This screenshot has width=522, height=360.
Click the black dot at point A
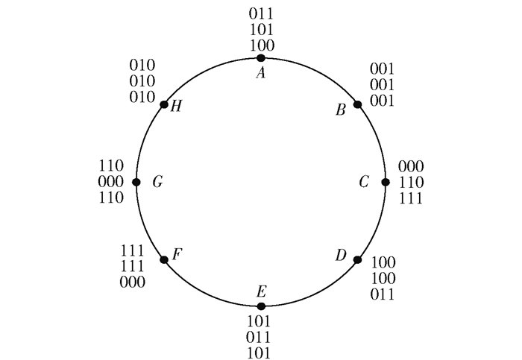tap(260, 58)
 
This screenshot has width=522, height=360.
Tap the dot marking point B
tap(357, 104)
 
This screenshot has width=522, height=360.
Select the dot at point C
tap(386, 182)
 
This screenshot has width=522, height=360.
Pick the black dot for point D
tap(357, 259)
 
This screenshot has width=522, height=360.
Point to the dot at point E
tap(260, 306)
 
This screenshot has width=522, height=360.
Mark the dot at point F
tap(164, 259)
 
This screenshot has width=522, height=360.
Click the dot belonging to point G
tap(136, 182)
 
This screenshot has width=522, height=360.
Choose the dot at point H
tap(164, 104)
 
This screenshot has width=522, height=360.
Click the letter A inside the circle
tap(260, 73)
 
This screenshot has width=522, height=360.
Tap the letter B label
tap(340, 111)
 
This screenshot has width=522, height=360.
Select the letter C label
tap(364, 182)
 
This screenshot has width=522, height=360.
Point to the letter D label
tap(340, 256)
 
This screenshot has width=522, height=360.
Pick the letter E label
tap(260, 291)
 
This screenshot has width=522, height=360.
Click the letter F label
tap(177, 256)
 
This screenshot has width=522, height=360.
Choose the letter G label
tap(157, 182)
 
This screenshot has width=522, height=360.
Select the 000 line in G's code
tap(110, 183)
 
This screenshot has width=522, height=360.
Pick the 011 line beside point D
tap(383, 294)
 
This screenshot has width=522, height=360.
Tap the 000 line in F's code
tap(133, 282)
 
